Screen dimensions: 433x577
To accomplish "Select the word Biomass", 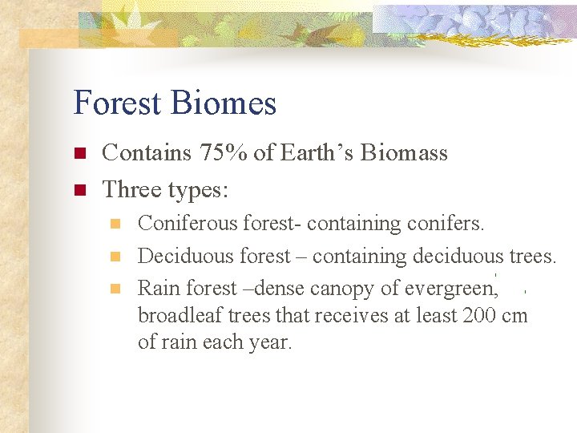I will (x=404, y=152).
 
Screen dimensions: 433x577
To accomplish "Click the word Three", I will (x=131, y=190).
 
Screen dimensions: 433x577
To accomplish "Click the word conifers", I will (x=450, y=223).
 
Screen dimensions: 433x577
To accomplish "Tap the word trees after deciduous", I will (x=532, y=256).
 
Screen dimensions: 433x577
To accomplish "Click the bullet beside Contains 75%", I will (x=79, y=153).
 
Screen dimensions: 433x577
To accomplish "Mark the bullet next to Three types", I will (x=79, y=191).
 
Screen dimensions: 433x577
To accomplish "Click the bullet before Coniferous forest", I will (x=115, y=224).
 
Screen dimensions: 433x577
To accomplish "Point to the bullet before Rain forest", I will (x=115, y=289).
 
